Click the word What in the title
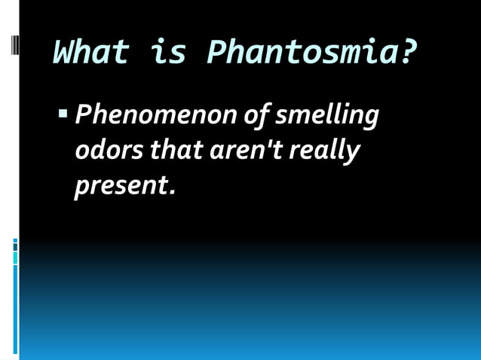90,53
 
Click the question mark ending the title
408,53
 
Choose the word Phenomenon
155,117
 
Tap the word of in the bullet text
254,117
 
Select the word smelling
325,117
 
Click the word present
121,185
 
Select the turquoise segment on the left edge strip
15,258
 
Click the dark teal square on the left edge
15,245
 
